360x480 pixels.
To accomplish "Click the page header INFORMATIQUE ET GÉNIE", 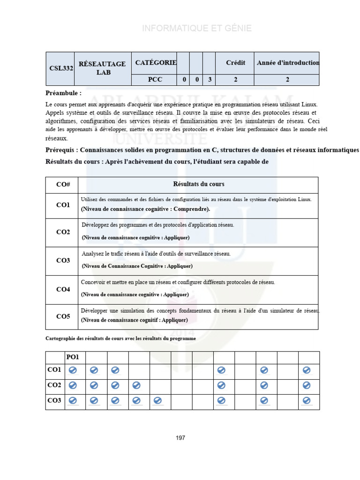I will [x=197, y=29].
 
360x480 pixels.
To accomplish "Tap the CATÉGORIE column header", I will [x=155, y=62].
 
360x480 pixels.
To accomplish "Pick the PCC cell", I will [x=155, y=80].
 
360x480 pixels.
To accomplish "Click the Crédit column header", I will [x=235, y=63].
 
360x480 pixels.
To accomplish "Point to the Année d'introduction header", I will [x=288, y=63].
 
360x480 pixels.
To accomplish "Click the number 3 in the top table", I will [x=209, y=80].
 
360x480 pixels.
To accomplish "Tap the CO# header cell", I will [x=63, y=185].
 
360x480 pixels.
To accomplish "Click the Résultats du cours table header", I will [x=198, y=184].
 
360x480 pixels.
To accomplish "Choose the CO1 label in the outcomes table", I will [x=63, y=205].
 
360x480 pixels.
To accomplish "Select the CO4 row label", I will [x=63, y=290].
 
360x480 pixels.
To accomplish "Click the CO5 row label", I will [x=63, y=316].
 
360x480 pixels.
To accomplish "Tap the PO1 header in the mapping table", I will [x=73, y=357].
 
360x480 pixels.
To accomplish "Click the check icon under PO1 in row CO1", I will [x=73, y=370].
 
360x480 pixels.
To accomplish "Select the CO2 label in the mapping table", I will [x=54, y=385].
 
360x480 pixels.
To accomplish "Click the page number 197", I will [x=180, y=438].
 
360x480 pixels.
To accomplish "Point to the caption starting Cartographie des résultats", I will [x=120, y=338].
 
